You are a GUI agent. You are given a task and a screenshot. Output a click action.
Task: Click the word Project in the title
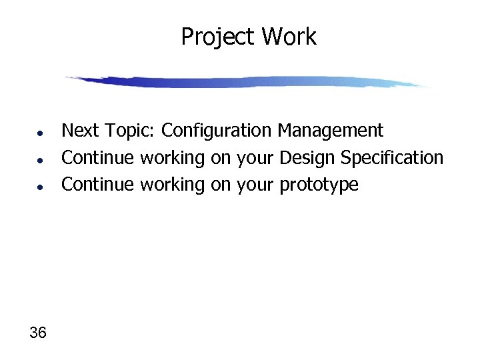218,37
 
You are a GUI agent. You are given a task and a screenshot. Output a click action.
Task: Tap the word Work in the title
289,37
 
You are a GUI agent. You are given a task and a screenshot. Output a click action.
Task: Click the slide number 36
38,332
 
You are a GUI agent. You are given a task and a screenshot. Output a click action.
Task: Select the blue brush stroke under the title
247,82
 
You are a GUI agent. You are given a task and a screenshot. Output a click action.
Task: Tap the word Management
331,131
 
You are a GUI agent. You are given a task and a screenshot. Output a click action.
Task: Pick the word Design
308,159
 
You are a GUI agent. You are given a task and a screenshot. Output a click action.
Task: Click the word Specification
392,159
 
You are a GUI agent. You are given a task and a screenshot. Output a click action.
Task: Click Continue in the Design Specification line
97,158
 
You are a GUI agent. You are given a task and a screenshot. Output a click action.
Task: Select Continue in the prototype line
97,185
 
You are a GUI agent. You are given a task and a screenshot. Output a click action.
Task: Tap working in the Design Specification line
172,159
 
